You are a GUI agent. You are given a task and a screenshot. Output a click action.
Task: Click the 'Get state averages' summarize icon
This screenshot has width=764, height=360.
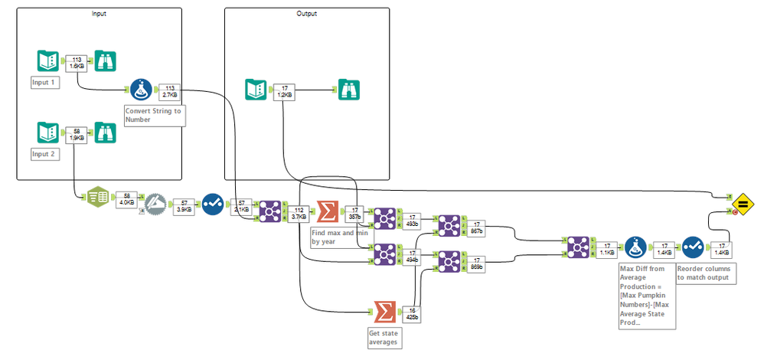tap(387, 313)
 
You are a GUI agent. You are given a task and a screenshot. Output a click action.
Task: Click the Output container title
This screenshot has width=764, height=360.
tap(306, 14)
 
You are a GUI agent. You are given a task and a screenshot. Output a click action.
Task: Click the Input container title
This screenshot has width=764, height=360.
tap(100, 14)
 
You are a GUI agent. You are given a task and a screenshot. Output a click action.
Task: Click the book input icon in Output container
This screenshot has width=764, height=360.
tap(256, 90)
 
